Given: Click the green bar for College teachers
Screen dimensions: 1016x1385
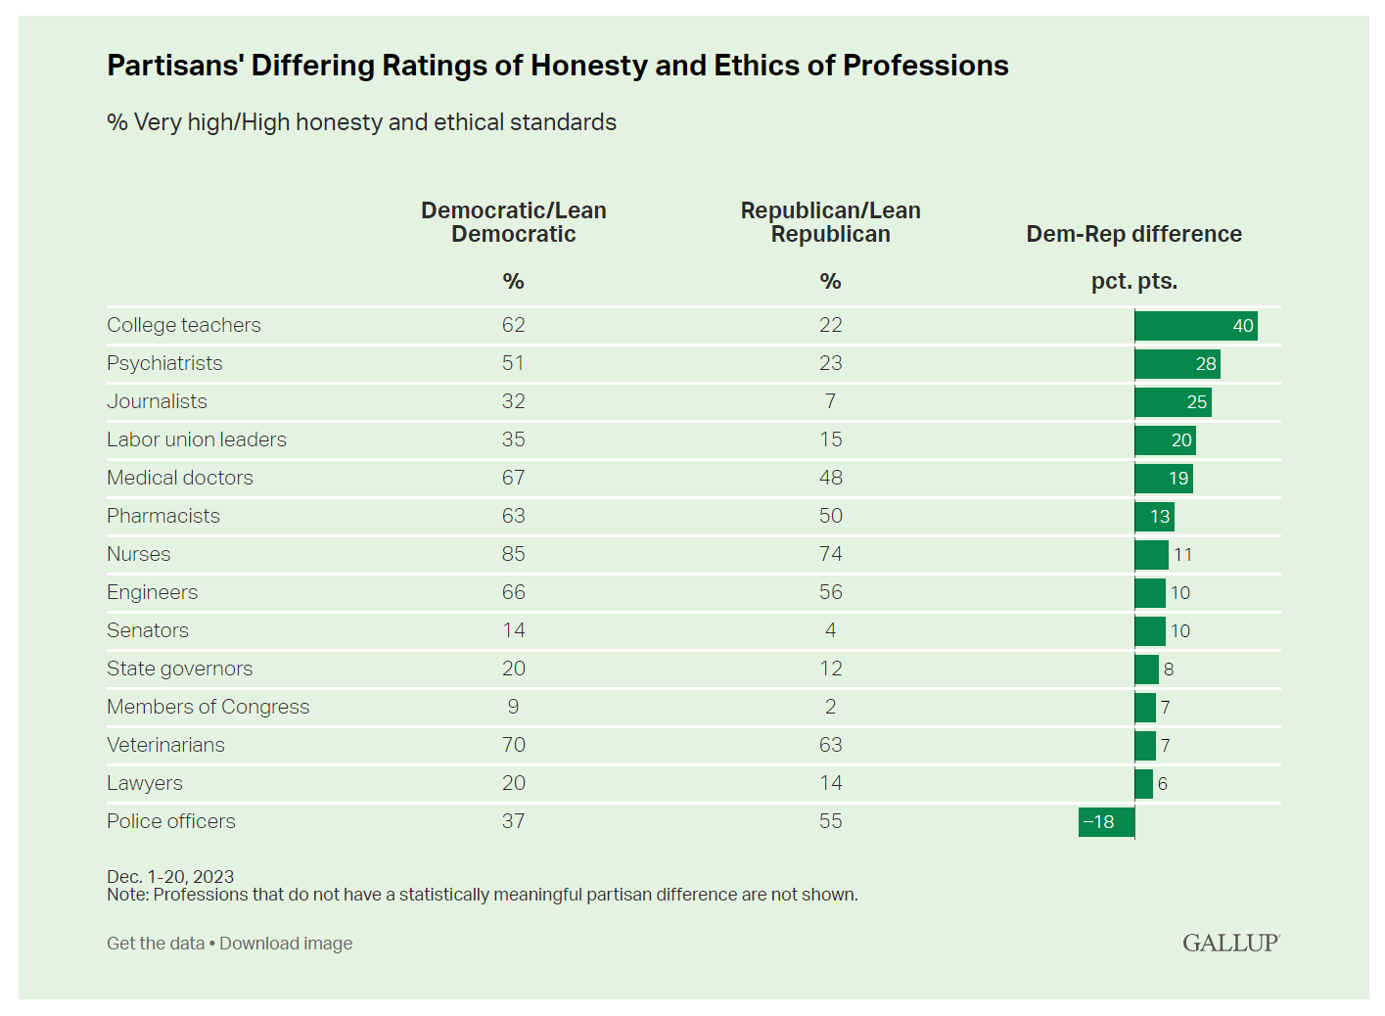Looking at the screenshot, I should (1195, 326).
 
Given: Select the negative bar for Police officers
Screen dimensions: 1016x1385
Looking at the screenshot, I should (1106, 822).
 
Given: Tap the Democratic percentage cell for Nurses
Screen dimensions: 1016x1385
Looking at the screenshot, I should (513, 554).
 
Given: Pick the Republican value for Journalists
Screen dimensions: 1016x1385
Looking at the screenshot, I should (830, 401).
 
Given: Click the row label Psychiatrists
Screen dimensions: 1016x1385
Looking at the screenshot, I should (164, 363).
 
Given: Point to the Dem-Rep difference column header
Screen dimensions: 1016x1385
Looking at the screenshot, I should (1133, 234).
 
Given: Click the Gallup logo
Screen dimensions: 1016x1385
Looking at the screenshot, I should (1230, 943).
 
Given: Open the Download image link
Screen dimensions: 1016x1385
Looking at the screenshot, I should (286, 944).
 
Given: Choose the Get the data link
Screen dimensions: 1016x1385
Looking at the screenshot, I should (156, 944).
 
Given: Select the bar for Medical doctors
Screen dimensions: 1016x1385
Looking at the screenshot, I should (1163, 479).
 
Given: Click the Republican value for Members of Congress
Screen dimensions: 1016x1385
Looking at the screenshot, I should (830, 707).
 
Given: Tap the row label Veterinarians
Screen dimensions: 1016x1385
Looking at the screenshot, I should (165, 745).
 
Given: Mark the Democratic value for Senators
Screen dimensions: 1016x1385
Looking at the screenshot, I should (513, 630).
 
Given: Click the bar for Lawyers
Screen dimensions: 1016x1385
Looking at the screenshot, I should (1143, 784).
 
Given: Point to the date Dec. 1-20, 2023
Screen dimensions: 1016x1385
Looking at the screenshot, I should (170, 876).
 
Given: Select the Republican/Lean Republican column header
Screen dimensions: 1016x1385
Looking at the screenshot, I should (830, 222).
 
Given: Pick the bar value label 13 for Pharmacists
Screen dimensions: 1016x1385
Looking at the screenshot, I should (1160, 517).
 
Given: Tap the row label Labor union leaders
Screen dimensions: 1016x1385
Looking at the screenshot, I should (197, 439).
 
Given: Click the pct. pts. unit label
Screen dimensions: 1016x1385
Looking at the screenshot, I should (1133, 281).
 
